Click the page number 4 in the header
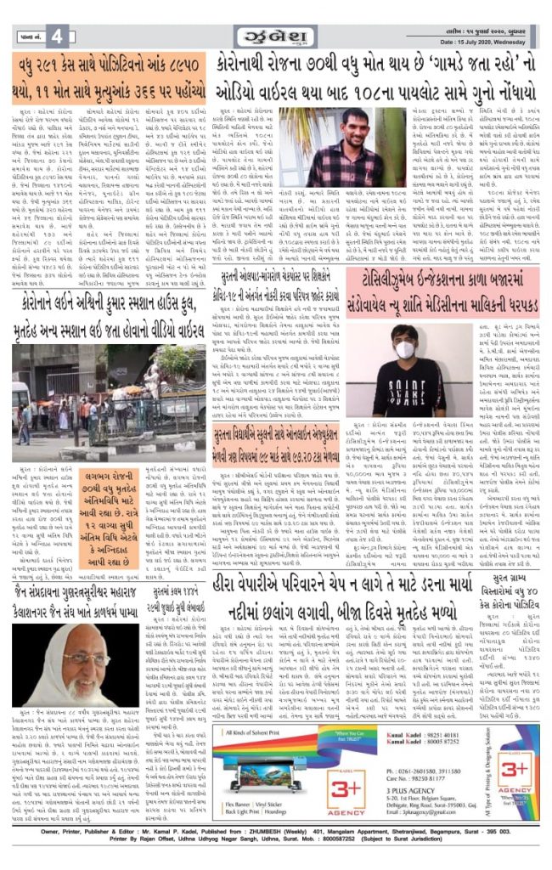pos(56,37)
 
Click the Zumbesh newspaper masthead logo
pos(276,37)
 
